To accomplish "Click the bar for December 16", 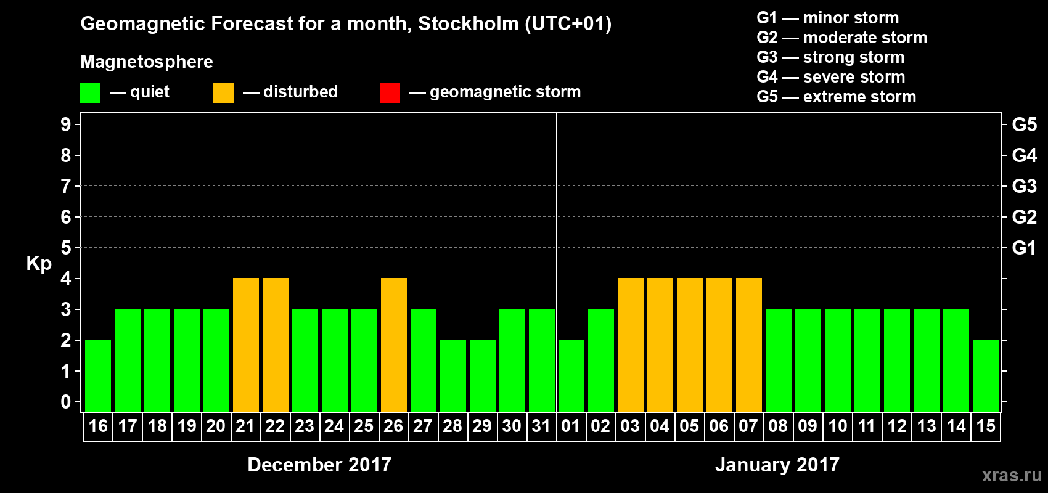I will click(98, 375).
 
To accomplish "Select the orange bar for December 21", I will click(246, 344).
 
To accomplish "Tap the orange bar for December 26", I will click(394, 344).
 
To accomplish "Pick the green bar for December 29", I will click(483, 375).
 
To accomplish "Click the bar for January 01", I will click(571, 375).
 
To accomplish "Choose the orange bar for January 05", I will click(690, 344).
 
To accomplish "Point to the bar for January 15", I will click(986, 375).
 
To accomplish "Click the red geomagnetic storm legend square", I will click(390, 93).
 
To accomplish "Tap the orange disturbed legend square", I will click(223, 93).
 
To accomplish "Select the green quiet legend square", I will click(90, 93).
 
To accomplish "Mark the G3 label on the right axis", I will click(1024, 186).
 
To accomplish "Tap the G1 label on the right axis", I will click(1024, 248).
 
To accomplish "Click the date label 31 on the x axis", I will click(541, 426).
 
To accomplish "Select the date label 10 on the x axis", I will click(837, 426).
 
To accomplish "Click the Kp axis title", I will click(39, 263).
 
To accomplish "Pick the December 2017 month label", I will click(319, 465).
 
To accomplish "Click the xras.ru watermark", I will click(1012, 475).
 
